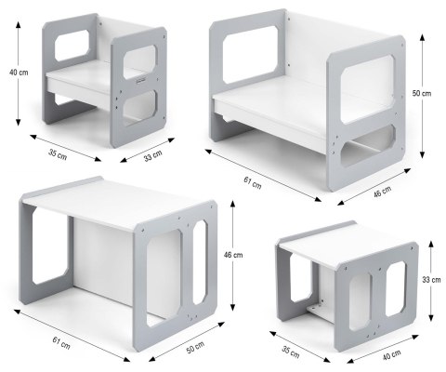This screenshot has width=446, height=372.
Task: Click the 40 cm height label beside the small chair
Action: (x=19, y=73)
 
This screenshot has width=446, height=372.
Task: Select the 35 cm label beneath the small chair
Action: (x=58, y=154)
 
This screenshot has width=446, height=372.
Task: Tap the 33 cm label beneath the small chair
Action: (x=152, y=155)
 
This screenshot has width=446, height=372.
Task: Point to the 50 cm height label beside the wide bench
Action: (x=422, y=93)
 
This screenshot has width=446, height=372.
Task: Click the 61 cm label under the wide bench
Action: (x=253, y=182)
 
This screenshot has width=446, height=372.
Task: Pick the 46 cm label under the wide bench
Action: (x=382, y=192)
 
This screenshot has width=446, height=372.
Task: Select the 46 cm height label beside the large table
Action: (x=233, y=255)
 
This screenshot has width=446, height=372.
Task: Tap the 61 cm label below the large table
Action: (x=61, y=343)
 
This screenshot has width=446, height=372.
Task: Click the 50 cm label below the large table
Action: (x=195, y=347)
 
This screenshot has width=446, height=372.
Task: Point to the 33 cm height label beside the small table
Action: (x=431, y=280)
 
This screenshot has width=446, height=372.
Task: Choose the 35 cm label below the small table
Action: (x=291, y=352)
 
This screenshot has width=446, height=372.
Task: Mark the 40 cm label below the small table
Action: (x=391, y=354)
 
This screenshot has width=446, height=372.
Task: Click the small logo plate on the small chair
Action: (x=140, y=81)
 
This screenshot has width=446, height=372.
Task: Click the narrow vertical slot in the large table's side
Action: (x=200, y=262)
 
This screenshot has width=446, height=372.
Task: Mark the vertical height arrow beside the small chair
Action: (x=19, y=73)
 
